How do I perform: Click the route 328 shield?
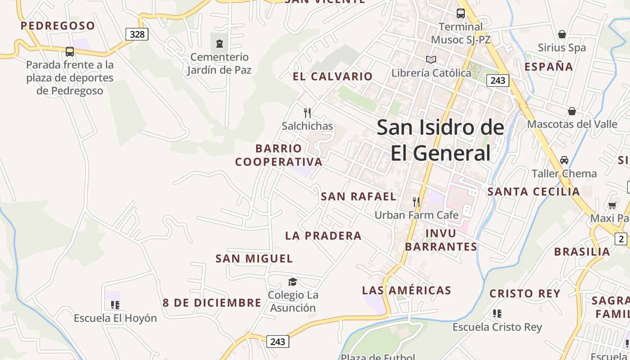coord(137,34)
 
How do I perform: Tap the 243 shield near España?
coord(498,81)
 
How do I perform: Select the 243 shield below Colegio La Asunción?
coord(278,342)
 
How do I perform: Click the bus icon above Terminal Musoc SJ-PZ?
coord(461,13)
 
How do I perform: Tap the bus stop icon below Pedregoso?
coord(69,52)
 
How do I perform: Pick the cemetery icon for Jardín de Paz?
coord(219,44)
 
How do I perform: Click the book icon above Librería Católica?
coord(431,59)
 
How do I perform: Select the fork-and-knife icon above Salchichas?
coord(307,112)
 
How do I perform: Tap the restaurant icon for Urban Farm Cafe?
coord(416,202)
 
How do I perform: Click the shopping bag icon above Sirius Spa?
coord(562,34)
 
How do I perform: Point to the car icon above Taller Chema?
coord(564,160)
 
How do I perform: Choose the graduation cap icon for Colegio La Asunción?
coord(292,282)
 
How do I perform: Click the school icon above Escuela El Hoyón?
coord(115,305)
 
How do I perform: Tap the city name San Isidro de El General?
coord(440,140)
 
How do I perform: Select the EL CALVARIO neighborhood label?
coord(333,76)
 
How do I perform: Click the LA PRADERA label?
coord(323,236)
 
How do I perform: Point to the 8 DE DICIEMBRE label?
coord(212,303)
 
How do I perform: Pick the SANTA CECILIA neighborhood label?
coord(534,192)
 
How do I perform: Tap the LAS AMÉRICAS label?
coord(406,291)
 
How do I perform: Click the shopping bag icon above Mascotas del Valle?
coord(571,111)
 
